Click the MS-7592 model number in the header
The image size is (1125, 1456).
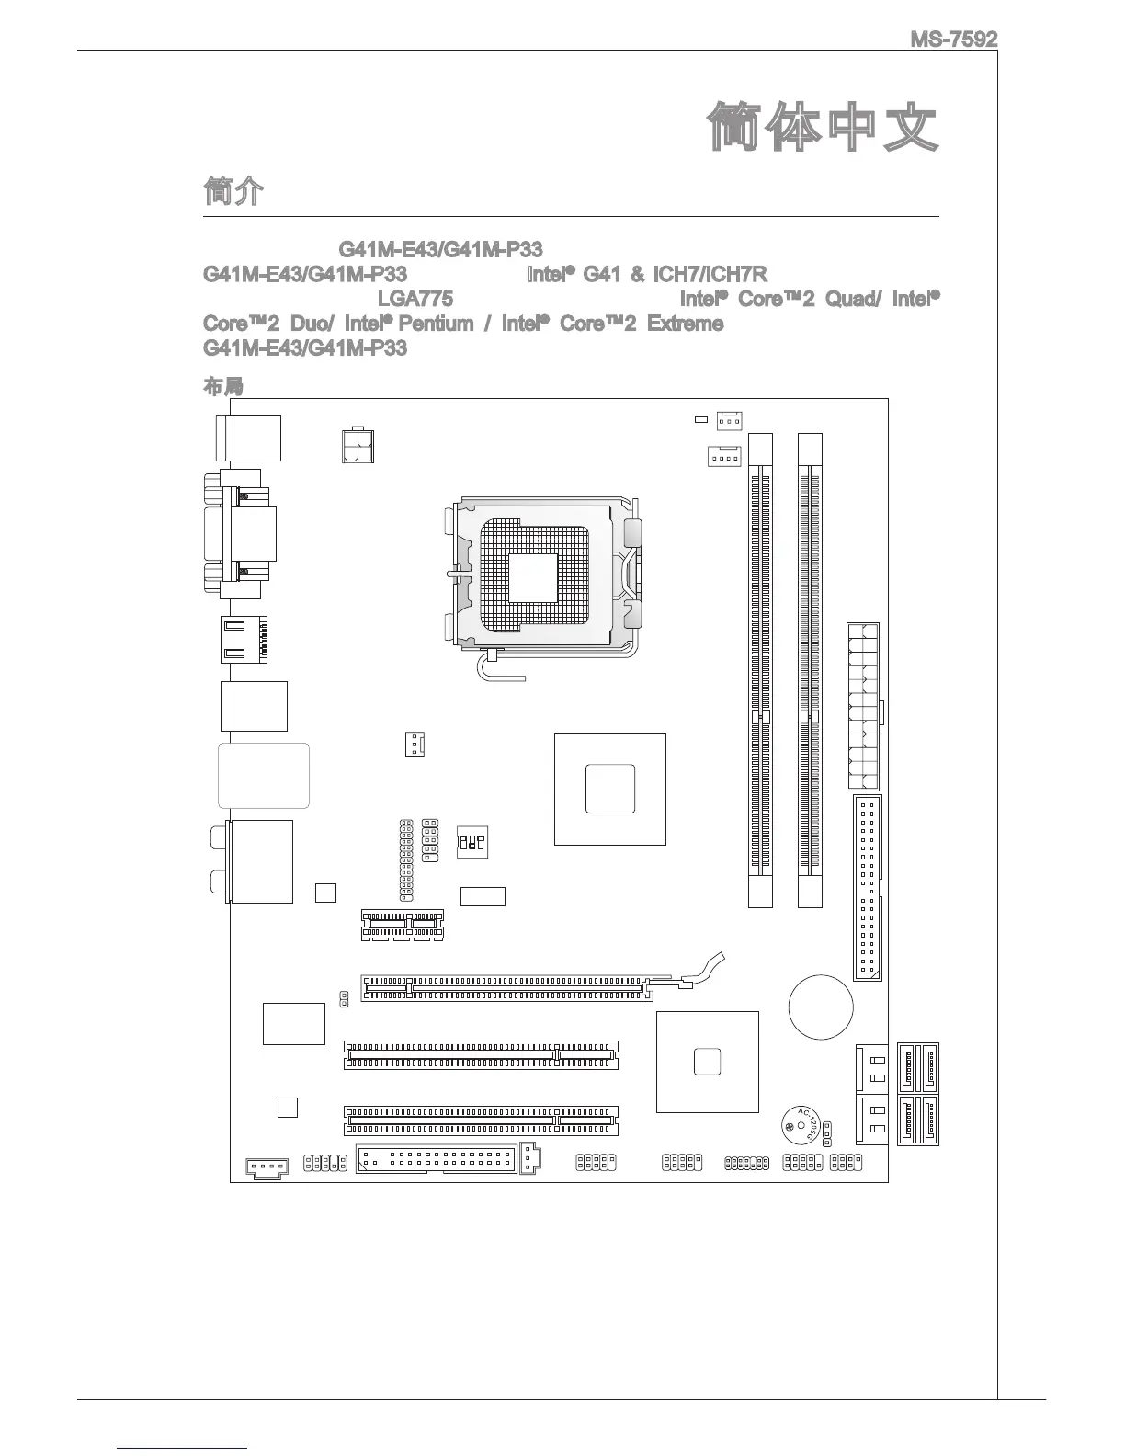tap(953, 40)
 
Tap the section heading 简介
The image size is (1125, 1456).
tap(233, 192)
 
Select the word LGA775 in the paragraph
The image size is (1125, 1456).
tap(415, 299)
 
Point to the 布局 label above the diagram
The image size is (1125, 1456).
tap(222, 387)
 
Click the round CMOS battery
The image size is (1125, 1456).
tap(821, 1007)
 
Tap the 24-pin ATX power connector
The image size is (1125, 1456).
tap(863, 706)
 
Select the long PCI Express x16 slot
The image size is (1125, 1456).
tap(506, 989)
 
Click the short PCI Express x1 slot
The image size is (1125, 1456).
tap(402, 924)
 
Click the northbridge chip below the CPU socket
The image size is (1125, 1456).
tap(609, 788)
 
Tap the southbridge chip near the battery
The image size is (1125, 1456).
tap(708, 1061)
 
